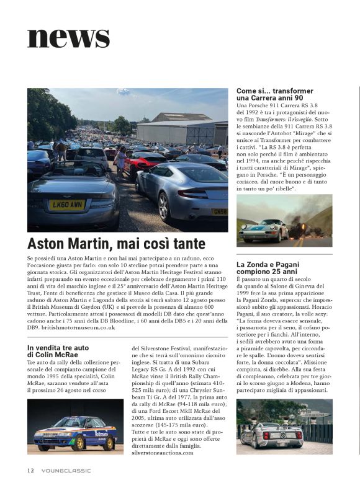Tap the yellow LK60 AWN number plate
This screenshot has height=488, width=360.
[66, 204]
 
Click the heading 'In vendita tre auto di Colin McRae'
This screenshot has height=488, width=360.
[61, 350]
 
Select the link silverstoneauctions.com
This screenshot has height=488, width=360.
[163, 453]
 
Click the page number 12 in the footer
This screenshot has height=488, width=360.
[30, 469]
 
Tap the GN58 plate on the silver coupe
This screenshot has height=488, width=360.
[219, 211]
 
